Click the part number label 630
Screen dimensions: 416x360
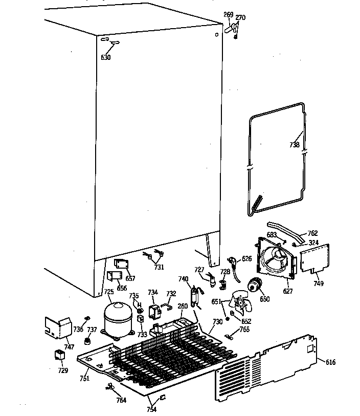click(x=105, y=57)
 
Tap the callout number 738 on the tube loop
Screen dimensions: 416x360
click(x=294, y=145)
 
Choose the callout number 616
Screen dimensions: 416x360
click(x=330, y=362)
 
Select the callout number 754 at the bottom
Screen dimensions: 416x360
click(x=152, y=409)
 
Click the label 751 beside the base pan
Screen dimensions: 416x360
click(x=84, y=378)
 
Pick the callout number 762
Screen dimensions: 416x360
click(x=312, y=234)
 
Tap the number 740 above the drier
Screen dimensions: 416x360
click(x=183, y=279)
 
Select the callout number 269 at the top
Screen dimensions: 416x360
click(x=228, y=15)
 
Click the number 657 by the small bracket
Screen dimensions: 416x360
click(x=130, y=278)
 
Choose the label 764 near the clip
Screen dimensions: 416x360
click(x=121, y=400)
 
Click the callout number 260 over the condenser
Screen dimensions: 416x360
click(x=182, y=307)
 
